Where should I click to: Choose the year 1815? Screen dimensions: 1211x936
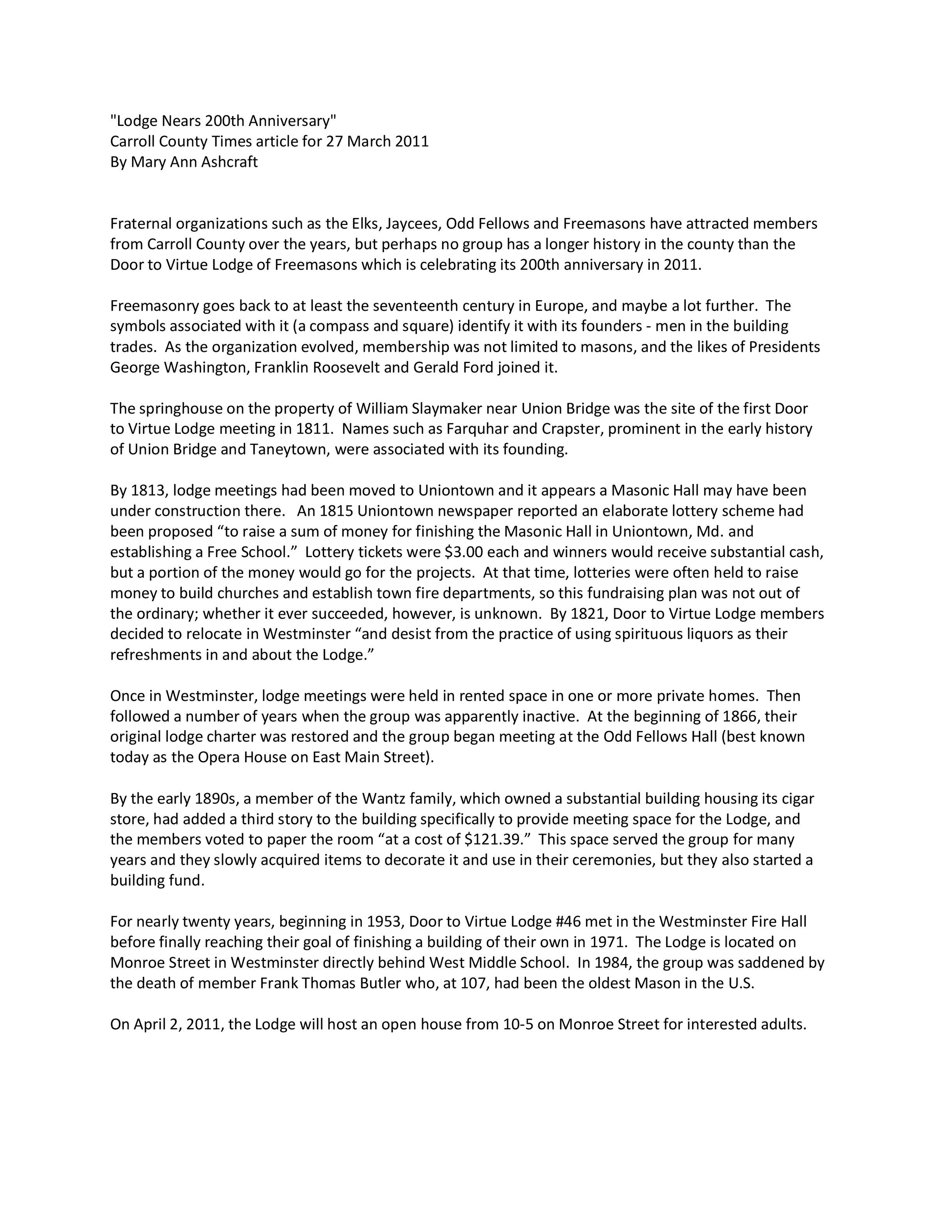pos(337,511)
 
